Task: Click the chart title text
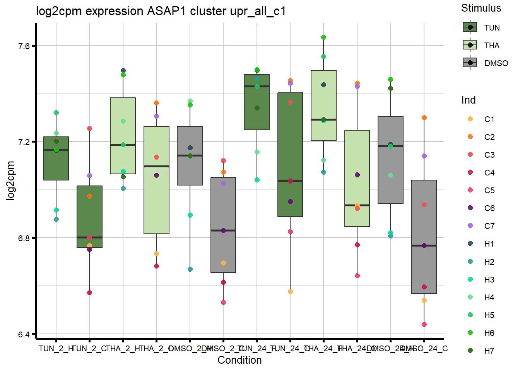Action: (161, 11)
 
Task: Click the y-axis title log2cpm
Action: (10, 180)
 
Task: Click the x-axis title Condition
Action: (239, 360)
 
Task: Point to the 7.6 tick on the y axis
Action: (24, 46)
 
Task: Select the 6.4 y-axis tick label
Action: (24, 334)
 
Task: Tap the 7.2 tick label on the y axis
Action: (24, 142)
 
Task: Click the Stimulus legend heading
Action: (481, 8)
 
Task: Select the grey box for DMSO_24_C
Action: (424, 216)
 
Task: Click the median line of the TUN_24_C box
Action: (290, 181)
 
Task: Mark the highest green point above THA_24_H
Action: (323, 37)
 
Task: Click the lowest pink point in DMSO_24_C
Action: (424, 324)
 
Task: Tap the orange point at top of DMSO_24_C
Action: (424, 118)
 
